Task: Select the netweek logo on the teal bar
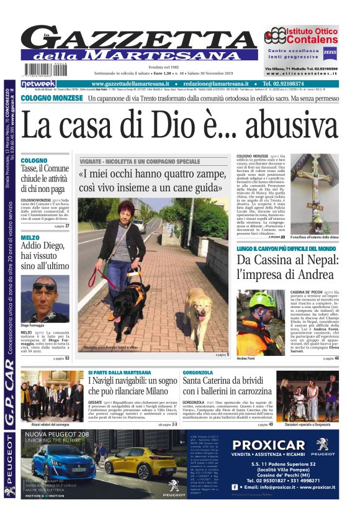coord(38,83)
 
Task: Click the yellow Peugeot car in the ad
coord(148,465)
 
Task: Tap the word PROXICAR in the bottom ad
coord(269,445)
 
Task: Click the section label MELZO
coord(29,238)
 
